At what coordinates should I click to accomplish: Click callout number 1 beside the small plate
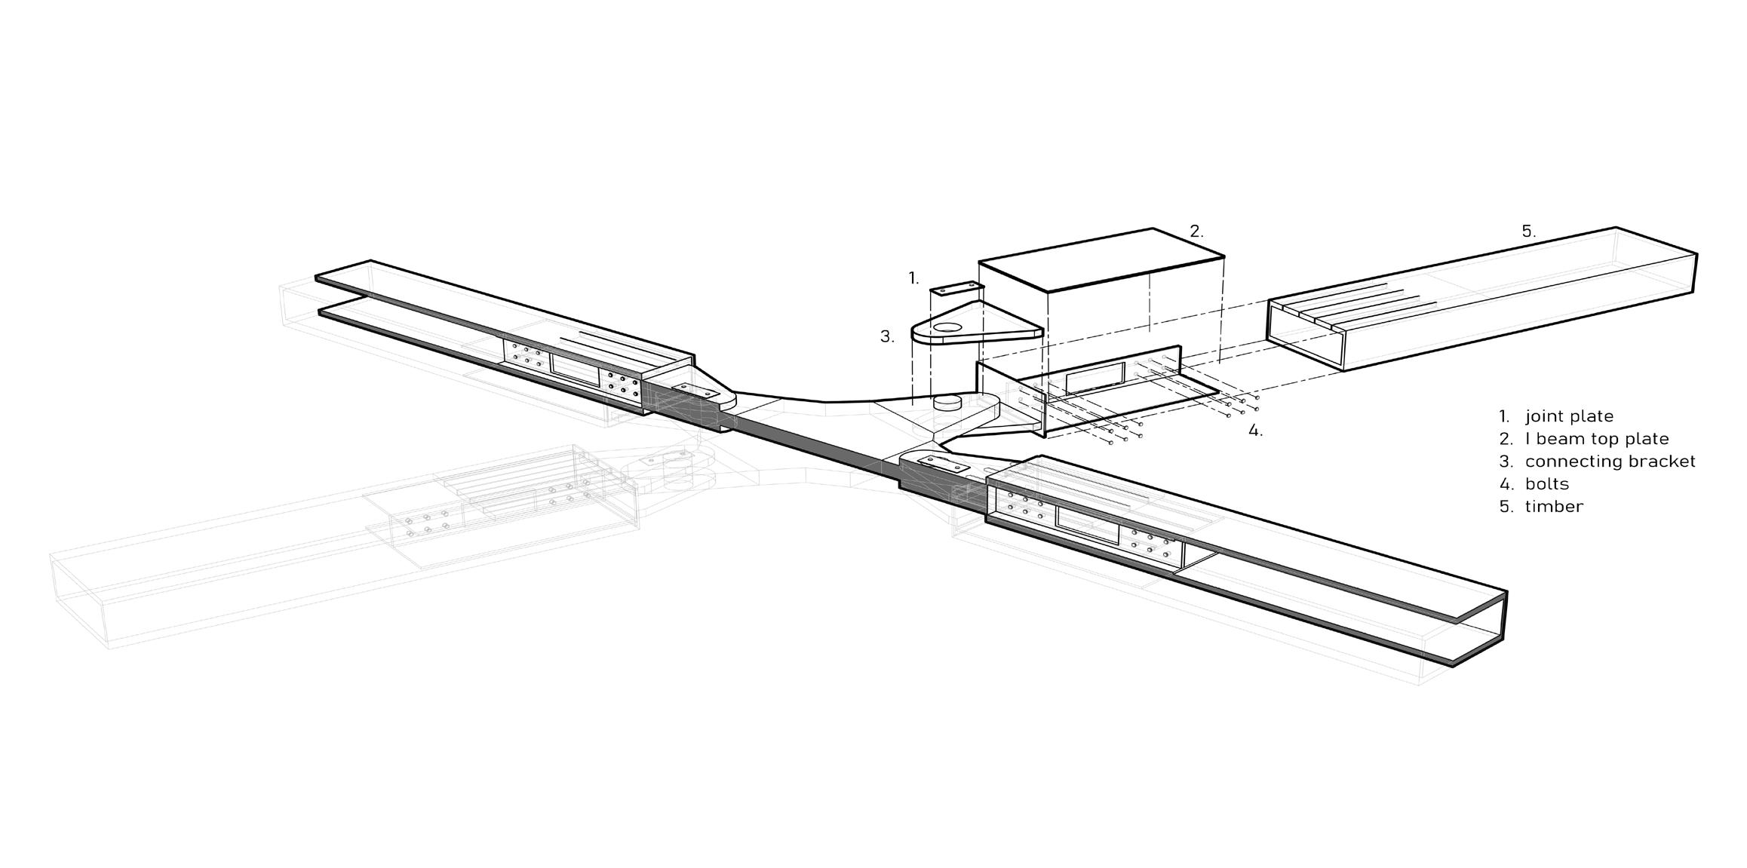[x=913, y=278]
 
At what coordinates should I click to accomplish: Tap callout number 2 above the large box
[x=1196, y=232]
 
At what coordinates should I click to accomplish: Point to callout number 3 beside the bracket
[x=887, y=337]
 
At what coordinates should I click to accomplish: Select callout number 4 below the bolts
[x=1255, y=431]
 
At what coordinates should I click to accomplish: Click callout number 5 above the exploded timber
[x=1528, y=232]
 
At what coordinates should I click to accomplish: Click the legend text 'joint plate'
[x=1569, y=416]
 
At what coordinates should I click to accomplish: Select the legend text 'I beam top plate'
[x=1597, y=439]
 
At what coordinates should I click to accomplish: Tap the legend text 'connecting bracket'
[x=1610, y=462]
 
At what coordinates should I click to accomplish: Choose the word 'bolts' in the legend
[x=1546, y=484]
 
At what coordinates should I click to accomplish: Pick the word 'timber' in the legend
[x=1554, y=507]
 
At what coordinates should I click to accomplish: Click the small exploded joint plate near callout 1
[x=956, y=290]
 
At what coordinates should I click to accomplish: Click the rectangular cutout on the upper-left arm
[x=575, y=365]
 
